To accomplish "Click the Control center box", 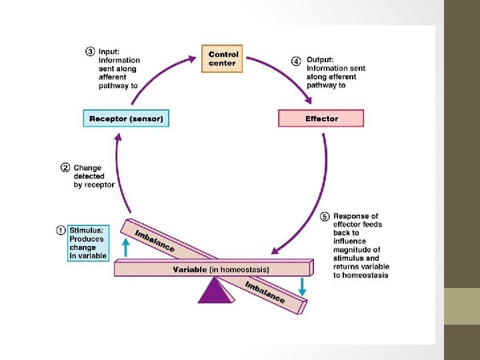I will pyautogui.click(x=223, y=58).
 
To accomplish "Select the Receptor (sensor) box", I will pyautogui.click(x=126, y=119).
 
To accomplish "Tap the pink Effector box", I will pyautogui.click(x=321, y=119).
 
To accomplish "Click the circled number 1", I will pyautogui.click(x=61, y=231).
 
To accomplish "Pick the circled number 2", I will pyautogui.click(x=65, y=167).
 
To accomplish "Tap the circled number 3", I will pyautogui.click(x=90, y=51).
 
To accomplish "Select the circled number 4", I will pyautogui.click(x=296, y=61).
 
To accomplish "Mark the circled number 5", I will pyautogui.click(x=325, y=217).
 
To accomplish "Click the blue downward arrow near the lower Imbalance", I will pyautogui.click(x=303, y=286).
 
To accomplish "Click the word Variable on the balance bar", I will pyautogui.click(x=190, y=269).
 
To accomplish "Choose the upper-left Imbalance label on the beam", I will pyautogui.click(x=155, y=241).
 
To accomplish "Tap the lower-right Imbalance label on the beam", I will pyautogui.click(x=264, y=292).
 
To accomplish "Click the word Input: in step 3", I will pyautogui.click(x=110, y=51).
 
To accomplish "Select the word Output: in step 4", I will pyautogui.click(x=320, y=59).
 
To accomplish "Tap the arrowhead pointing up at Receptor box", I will pyautogui.click(x=118, y=137).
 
